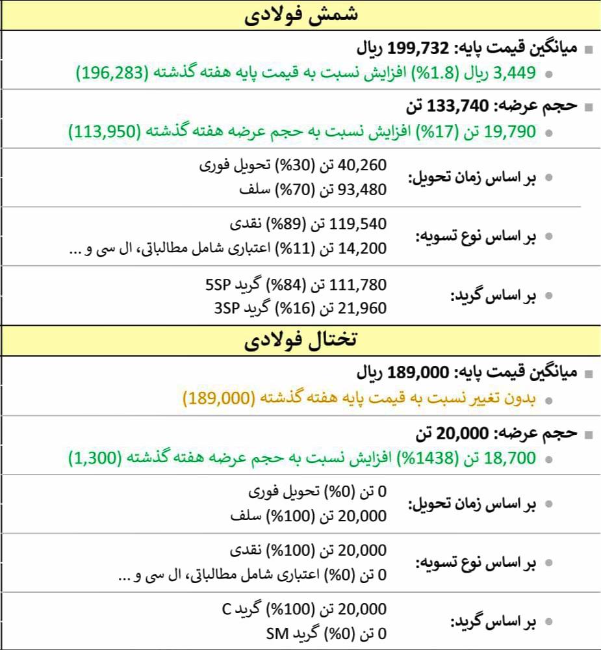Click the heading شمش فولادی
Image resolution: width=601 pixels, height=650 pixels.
[300, 15]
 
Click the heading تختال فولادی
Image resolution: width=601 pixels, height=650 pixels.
[300, 340]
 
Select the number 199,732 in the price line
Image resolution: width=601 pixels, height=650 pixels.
[418, 49]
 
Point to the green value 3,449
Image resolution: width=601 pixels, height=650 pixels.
[515, 72]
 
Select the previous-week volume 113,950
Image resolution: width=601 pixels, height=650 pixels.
[105, 131]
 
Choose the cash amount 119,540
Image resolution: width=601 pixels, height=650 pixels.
[359, 224]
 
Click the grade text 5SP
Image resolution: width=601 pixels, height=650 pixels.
[216, 284]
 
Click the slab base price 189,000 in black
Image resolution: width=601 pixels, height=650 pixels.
[418, 373]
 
